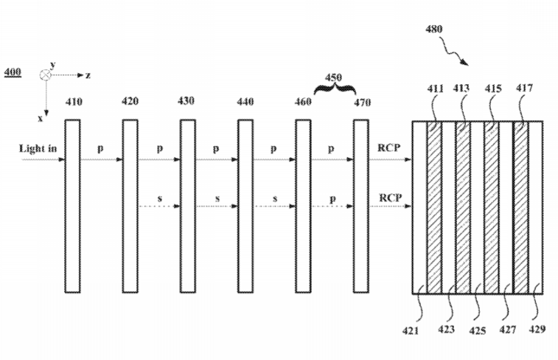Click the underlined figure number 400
(x=13, y=72)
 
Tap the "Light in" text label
(x=38, y=148)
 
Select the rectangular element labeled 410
(x=72, y=206)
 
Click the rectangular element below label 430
(x=187, y=206)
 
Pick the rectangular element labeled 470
(x=361, y=206)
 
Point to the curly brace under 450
(x=335, y=86)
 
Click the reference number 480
(x=434, y=29)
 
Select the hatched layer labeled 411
(x=434, y=207)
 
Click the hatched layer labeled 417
(x=520, y=207)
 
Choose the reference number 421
(x=411, y=330)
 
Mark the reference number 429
(x=537, y=329)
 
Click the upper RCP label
(x=389, y=148)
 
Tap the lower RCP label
(x=391, y=198)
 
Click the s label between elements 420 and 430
(x=159, y=198)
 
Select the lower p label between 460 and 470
(x=332, y=199)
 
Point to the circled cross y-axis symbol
(x=45, y=75)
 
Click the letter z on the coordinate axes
(x=88, y=75)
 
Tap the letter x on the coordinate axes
(x=40, y=119)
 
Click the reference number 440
(x=245, y=102)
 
